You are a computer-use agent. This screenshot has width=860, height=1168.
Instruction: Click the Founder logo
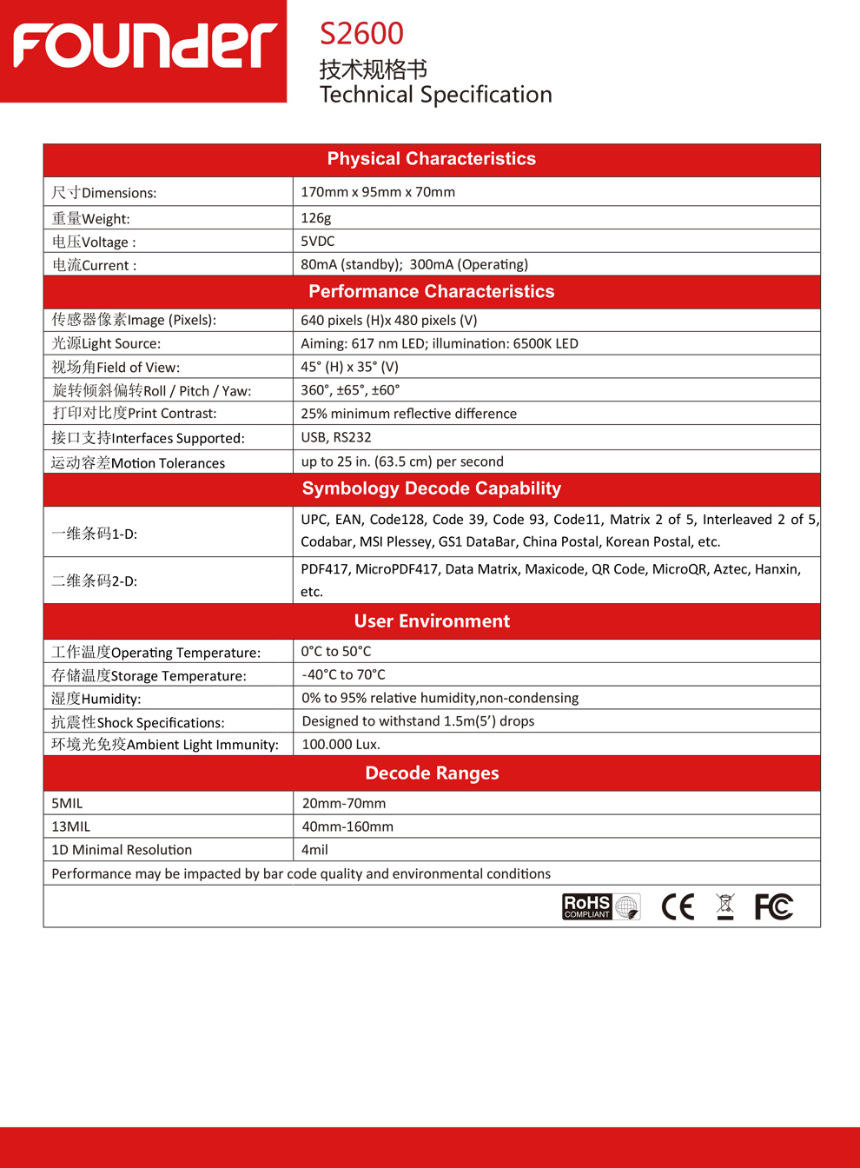pos(144,47)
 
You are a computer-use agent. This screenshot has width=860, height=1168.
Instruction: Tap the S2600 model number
pos(361,34)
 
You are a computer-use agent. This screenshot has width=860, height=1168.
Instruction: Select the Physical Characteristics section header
pos(431,159)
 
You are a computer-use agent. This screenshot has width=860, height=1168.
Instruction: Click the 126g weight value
pos(316,218)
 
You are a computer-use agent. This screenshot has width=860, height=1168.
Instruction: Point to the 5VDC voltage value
pos(318,242)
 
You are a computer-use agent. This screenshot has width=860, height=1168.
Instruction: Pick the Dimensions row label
pos(104,193)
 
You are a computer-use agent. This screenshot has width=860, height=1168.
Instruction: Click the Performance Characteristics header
pos(431,292)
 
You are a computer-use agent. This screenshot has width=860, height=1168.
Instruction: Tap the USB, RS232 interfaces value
pos(336,437)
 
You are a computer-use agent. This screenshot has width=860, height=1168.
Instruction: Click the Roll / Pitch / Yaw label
pos(152,391)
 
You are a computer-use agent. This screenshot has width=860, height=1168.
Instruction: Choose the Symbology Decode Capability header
pos(431,489)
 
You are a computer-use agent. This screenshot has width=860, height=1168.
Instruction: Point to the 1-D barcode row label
pos(94,534)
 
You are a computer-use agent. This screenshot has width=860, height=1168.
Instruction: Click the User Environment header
pos(432,621)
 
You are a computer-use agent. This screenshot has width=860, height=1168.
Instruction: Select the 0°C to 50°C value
pos(336,652)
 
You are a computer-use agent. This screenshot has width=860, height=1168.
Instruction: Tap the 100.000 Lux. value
pos(341,745)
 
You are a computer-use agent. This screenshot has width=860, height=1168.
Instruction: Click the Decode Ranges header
pos(432,773)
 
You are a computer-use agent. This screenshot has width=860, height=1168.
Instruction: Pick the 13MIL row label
pos(71,826)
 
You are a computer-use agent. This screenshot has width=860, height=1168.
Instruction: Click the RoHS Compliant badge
pos(600,906)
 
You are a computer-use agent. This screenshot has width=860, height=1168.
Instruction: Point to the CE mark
pos(678,907)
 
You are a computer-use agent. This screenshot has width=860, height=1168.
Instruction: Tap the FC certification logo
pos(773,907)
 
